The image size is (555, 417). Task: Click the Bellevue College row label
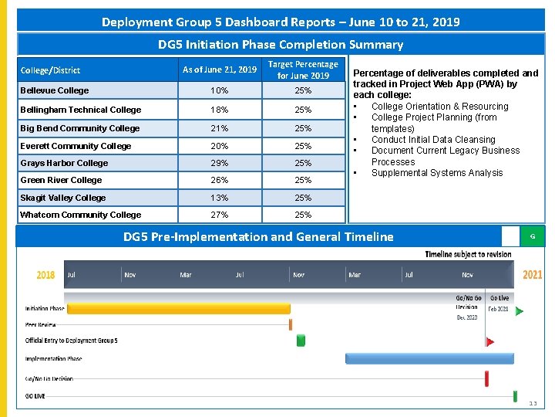54,90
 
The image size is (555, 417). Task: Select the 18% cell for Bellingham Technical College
220,110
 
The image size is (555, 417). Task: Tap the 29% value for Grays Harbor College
220,163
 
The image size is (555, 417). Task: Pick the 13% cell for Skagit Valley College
220,198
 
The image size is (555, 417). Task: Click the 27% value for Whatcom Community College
220,215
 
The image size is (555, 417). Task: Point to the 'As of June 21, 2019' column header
220,70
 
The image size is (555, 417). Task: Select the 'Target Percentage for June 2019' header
303,70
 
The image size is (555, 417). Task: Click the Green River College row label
61,180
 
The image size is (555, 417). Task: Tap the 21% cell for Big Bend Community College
220,128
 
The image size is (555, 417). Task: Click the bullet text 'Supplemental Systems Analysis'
436,173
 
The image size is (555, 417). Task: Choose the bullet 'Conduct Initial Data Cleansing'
432,140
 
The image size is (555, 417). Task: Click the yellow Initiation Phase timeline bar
178,308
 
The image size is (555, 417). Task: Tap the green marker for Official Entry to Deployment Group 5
301,340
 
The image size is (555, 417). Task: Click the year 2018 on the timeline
46,275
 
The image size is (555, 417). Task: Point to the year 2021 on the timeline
532,275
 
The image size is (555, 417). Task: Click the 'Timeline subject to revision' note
467,254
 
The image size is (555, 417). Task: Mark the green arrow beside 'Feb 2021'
519,311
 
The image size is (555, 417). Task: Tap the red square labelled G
532,236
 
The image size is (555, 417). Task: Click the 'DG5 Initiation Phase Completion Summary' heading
281,45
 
